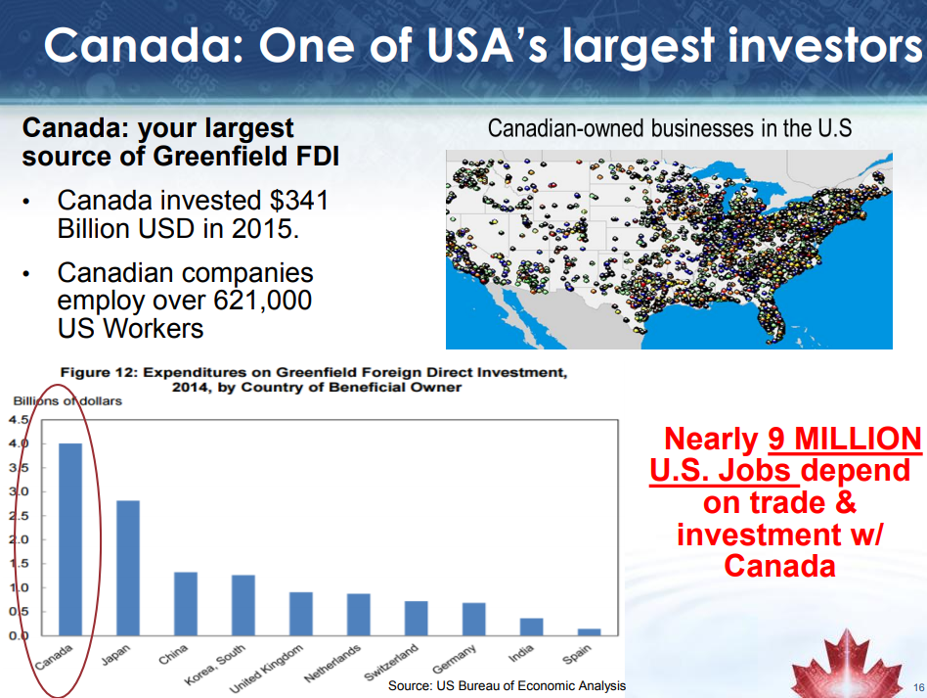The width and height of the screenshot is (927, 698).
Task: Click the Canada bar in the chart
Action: coord(70,539)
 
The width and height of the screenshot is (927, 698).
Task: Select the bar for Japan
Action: coord(128,568)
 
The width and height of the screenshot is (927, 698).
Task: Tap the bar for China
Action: coord(186,604)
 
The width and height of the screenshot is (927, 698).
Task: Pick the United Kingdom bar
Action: coord(301,614)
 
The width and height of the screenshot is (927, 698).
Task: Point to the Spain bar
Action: coord(589,632)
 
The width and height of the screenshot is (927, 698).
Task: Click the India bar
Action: coord(532,627)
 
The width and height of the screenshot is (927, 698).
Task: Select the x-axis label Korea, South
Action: coord(214,665)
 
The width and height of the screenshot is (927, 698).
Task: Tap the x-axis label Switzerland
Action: coord(391,663)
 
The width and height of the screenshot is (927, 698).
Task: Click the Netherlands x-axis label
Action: coord(332,663)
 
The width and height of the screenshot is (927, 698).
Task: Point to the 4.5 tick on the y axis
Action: coord(18,420)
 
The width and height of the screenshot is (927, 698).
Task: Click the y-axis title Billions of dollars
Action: coord(67,400)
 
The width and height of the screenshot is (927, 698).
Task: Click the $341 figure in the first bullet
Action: coord(298,200)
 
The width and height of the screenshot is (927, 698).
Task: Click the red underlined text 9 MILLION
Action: coord(845,440)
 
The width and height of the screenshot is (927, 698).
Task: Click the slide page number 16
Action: coord(918,687)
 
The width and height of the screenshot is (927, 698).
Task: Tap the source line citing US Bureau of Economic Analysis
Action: coord(507,685)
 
